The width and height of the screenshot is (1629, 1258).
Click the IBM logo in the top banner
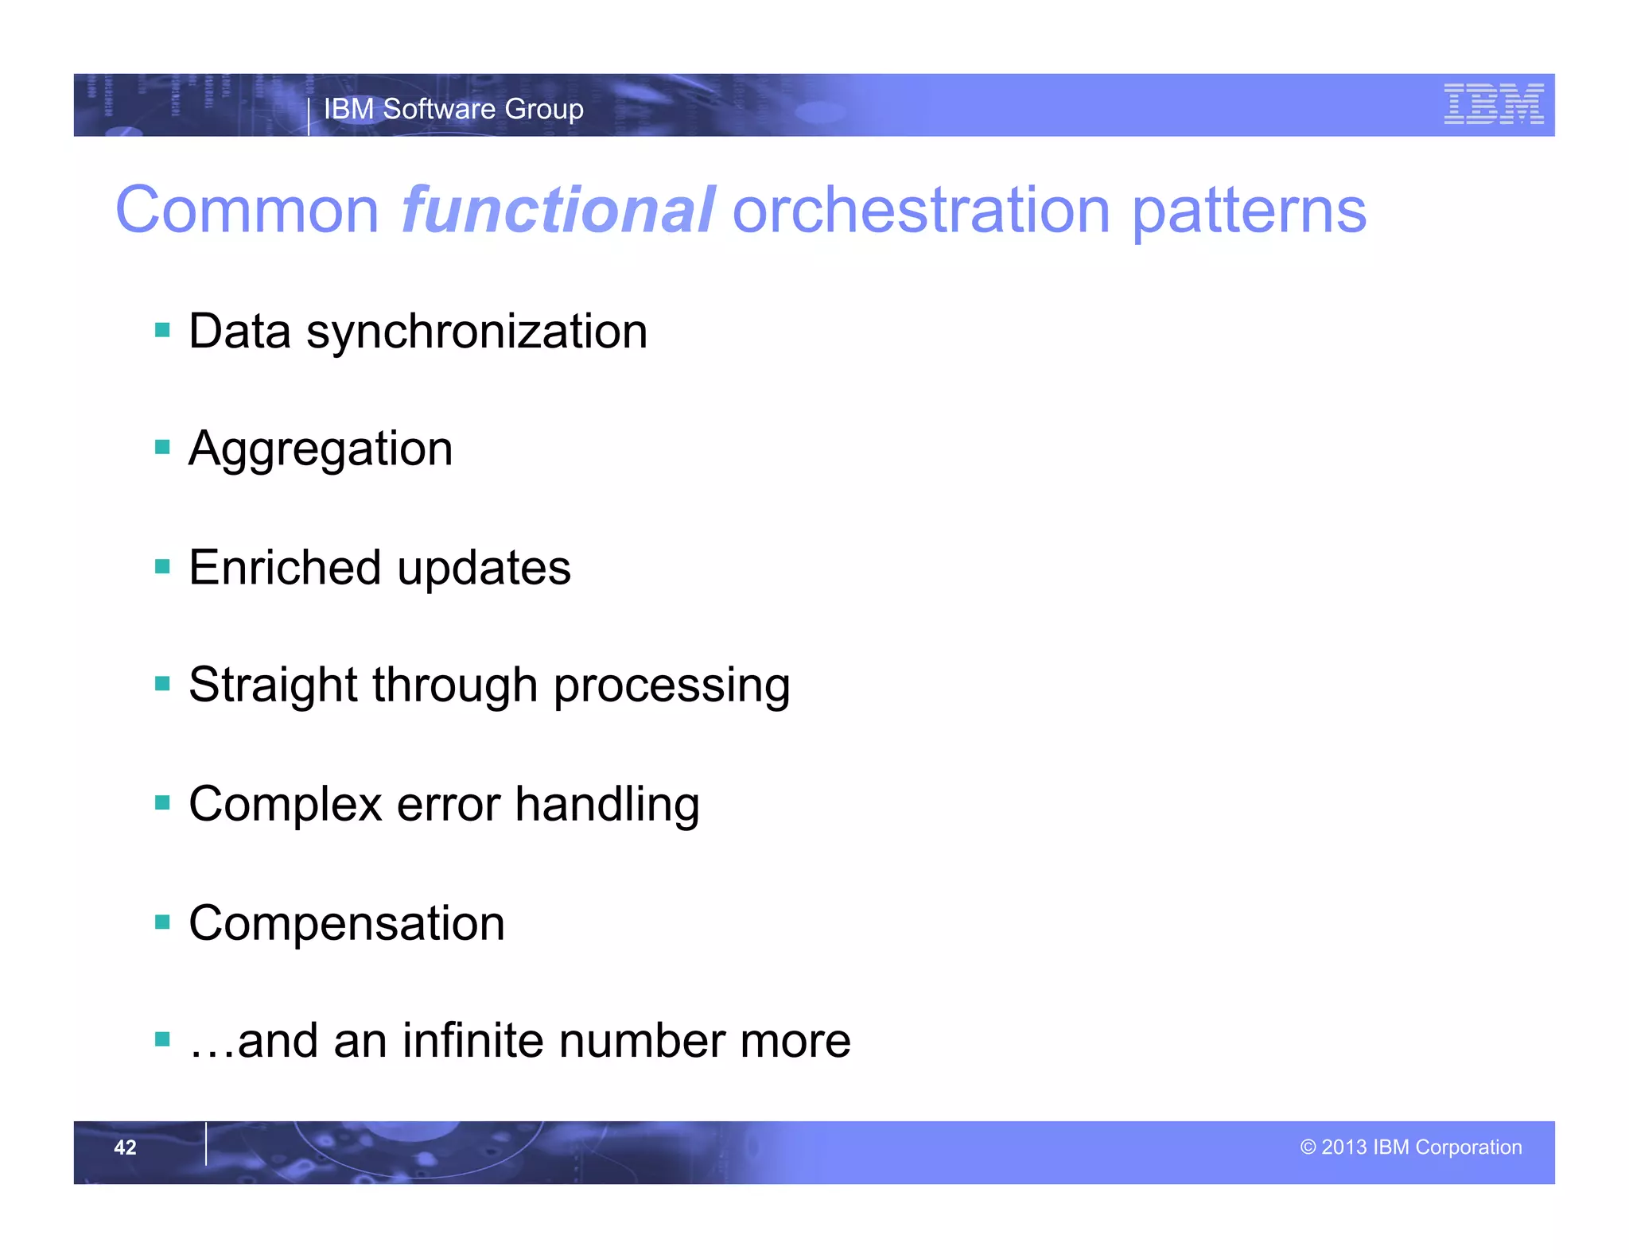[x=1493, y=104]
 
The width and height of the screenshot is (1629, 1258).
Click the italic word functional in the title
[x=557, y=210]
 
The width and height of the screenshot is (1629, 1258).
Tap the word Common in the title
[x=247, y=210]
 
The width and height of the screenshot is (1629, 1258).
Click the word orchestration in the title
[x=921, y=210]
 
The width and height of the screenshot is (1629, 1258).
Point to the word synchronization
[x=476, y=332]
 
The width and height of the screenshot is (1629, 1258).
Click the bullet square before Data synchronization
[x=163, y=330]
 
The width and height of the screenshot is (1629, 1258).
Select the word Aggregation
[x=321, y=449]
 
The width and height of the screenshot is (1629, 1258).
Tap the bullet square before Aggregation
[x=163, y=448]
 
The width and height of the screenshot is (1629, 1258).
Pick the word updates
[x=484, y=569]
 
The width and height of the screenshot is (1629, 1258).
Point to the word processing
[x=671, y=686]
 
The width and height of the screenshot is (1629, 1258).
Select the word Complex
[x=286, y=804]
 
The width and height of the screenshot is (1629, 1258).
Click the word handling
[x=607, y=804]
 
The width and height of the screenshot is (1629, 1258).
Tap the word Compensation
[x=347, y=924]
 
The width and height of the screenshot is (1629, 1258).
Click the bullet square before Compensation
[x=163, y=922]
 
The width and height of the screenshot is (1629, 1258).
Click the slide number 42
[x=125, y=1147]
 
